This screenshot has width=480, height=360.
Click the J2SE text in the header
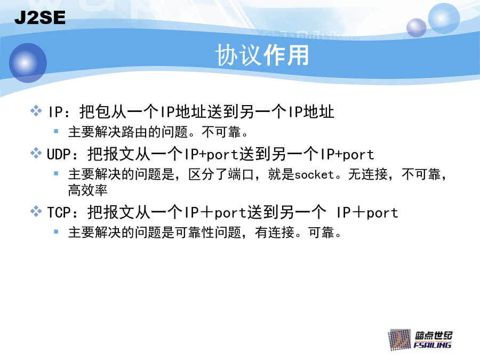click(40, 18)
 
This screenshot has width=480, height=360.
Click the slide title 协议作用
click(262, 55)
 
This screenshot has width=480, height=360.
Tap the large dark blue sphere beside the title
click(28, 63)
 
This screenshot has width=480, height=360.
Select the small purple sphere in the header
click(417, 28)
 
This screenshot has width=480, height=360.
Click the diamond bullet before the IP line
click(36, 110)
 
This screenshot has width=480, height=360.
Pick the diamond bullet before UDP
click(36, 153)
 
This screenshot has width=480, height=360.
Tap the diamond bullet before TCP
click(36, 211)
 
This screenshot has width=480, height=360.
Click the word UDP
click(59, 154)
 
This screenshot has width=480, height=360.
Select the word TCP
click(59, 212)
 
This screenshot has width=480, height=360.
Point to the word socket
click(314, 174)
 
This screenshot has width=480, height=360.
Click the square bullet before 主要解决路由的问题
click(56, 131)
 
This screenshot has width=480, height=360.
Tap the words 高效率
click(88, 190)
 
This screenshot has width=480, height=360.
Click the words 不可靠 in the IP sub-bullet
click(221, 132)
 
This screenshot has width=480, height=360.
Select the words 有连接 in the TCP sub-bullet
click(275, 233)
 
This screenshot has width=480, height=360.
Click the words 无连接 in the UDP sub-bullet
click(368, 174)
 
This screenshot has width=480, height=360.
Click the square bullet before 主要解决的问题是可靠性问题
click(56, 232)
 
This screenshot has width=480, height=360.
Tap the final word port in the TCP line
click(382, 213)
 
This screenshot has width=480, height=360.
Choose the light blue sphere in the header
click(444, 18)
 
